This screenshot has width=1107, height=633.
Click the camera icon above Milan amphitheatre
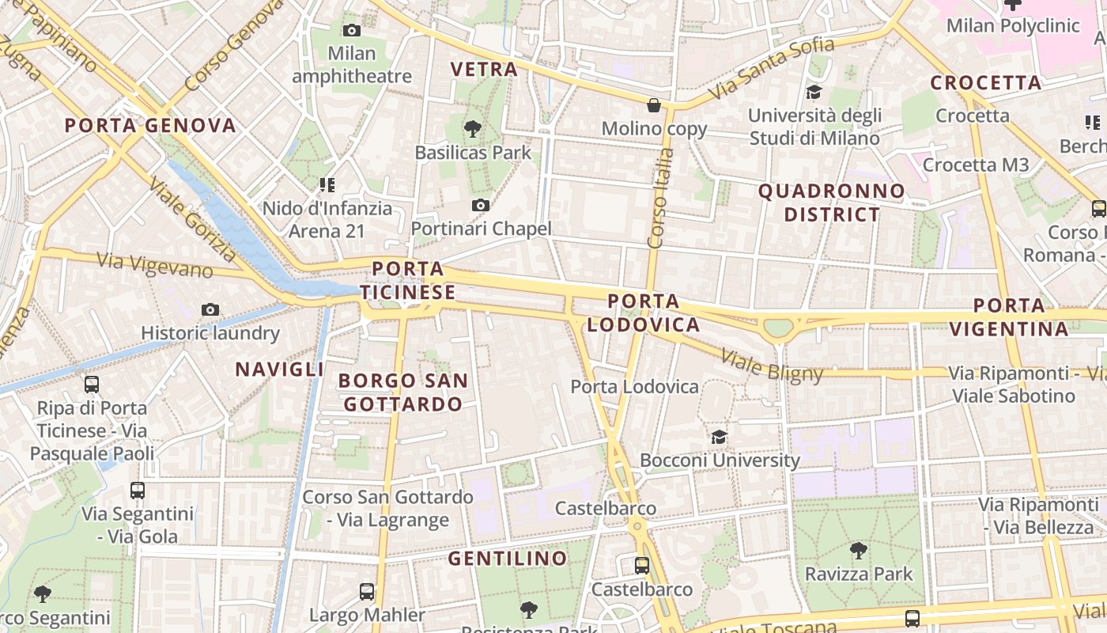tap(352, 30)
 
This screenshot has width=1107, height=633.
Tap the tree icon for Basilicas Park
tap(473, 127)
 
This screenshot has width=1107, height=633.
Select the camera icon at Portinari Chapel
tap(480, 206)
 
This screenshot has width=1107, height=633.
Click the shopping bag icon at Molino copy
tap(654, 104)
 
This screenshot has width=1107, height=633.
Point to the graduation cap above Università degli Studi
tap(814, 93)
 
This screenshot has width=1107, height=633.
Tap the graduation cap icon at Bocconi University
tap(719, 437)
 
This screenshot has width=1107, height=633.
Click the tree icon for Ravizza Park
tap(858, 550)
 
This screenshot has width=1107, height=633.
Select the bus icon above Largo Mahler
tap(367, 591)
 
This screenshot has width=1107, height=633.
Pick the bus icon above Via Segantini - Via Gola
tap(138, 491)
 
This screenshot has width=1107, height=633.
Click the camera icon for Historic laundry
tap(210, 309)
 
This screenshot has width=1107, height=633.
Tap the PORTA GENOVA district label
tap(150, 125)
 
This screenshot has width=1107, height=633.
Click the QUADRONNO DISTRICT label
tap(831, 203)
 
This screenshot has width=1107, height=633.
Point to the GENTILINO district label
tap(508, 559)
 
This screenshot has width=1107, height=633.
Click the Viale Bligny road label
tap(772, 365)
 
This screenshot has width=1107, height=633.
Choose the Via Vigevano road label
tap(154, 265)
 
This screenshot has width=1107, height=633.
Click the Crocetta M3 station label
tap(976, 165)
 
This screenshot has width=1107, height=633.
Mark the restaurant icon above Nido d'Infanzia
tap(327, 185)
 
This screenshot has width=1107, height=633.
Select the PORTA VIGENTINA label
tap(1008, 316)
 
